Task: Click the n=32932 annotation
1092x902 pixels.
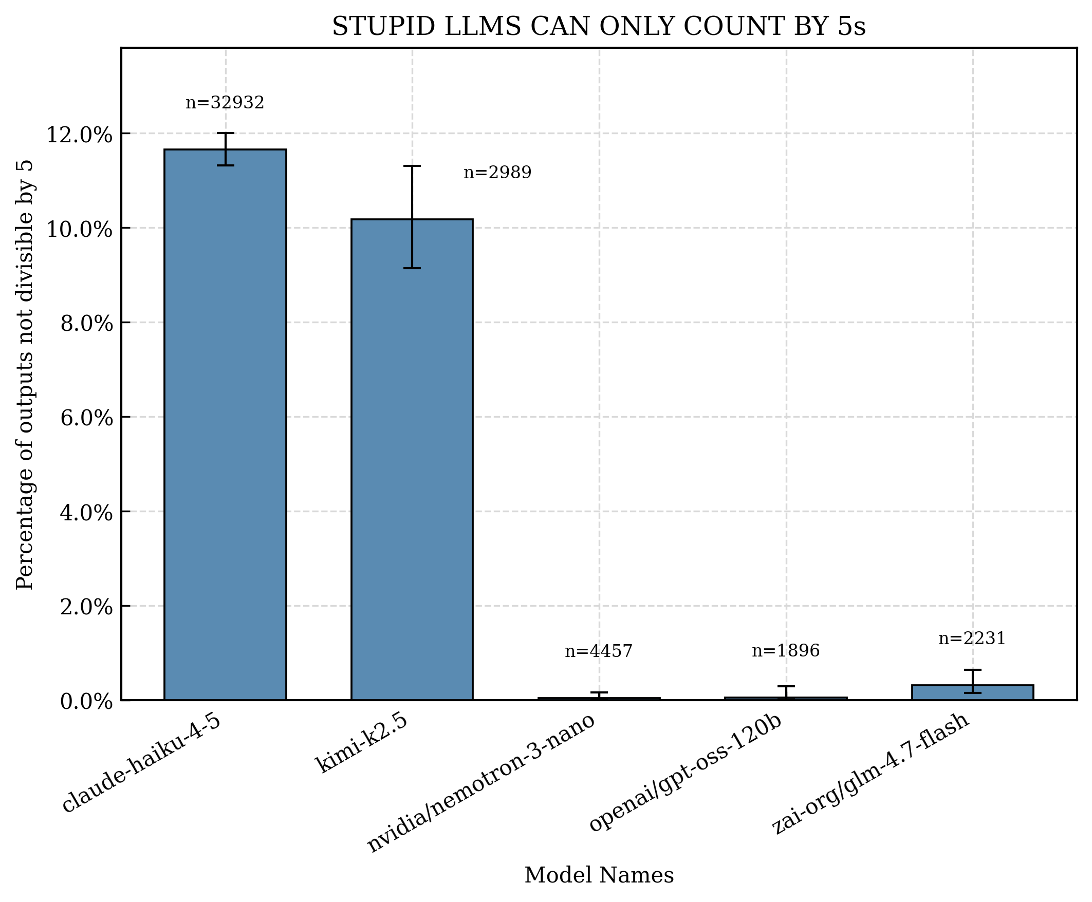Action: [225, 103]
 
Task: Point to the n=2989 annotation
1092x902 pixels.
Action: [497, 173]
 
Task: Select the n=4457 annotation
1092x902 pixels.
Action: [598, 651]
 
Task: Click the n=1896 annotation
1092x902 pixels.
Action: [785, 650]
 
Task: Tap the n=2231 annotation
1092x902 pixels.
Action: [971, 638]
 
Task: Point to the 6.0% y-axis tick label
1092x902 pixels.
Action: [86, 418]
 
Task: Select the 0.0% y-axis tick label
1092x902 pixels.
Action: [86, 702]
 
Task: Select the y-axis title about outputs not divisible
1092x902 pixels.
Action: [25, 374]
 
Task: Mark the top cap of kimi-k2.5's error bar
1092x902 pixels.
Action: [411, 166]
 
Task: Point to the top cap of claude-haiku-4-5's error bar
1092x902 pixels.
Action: [225, 134]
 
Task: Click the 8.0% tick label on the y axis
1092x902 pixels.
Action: [86, 324]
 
